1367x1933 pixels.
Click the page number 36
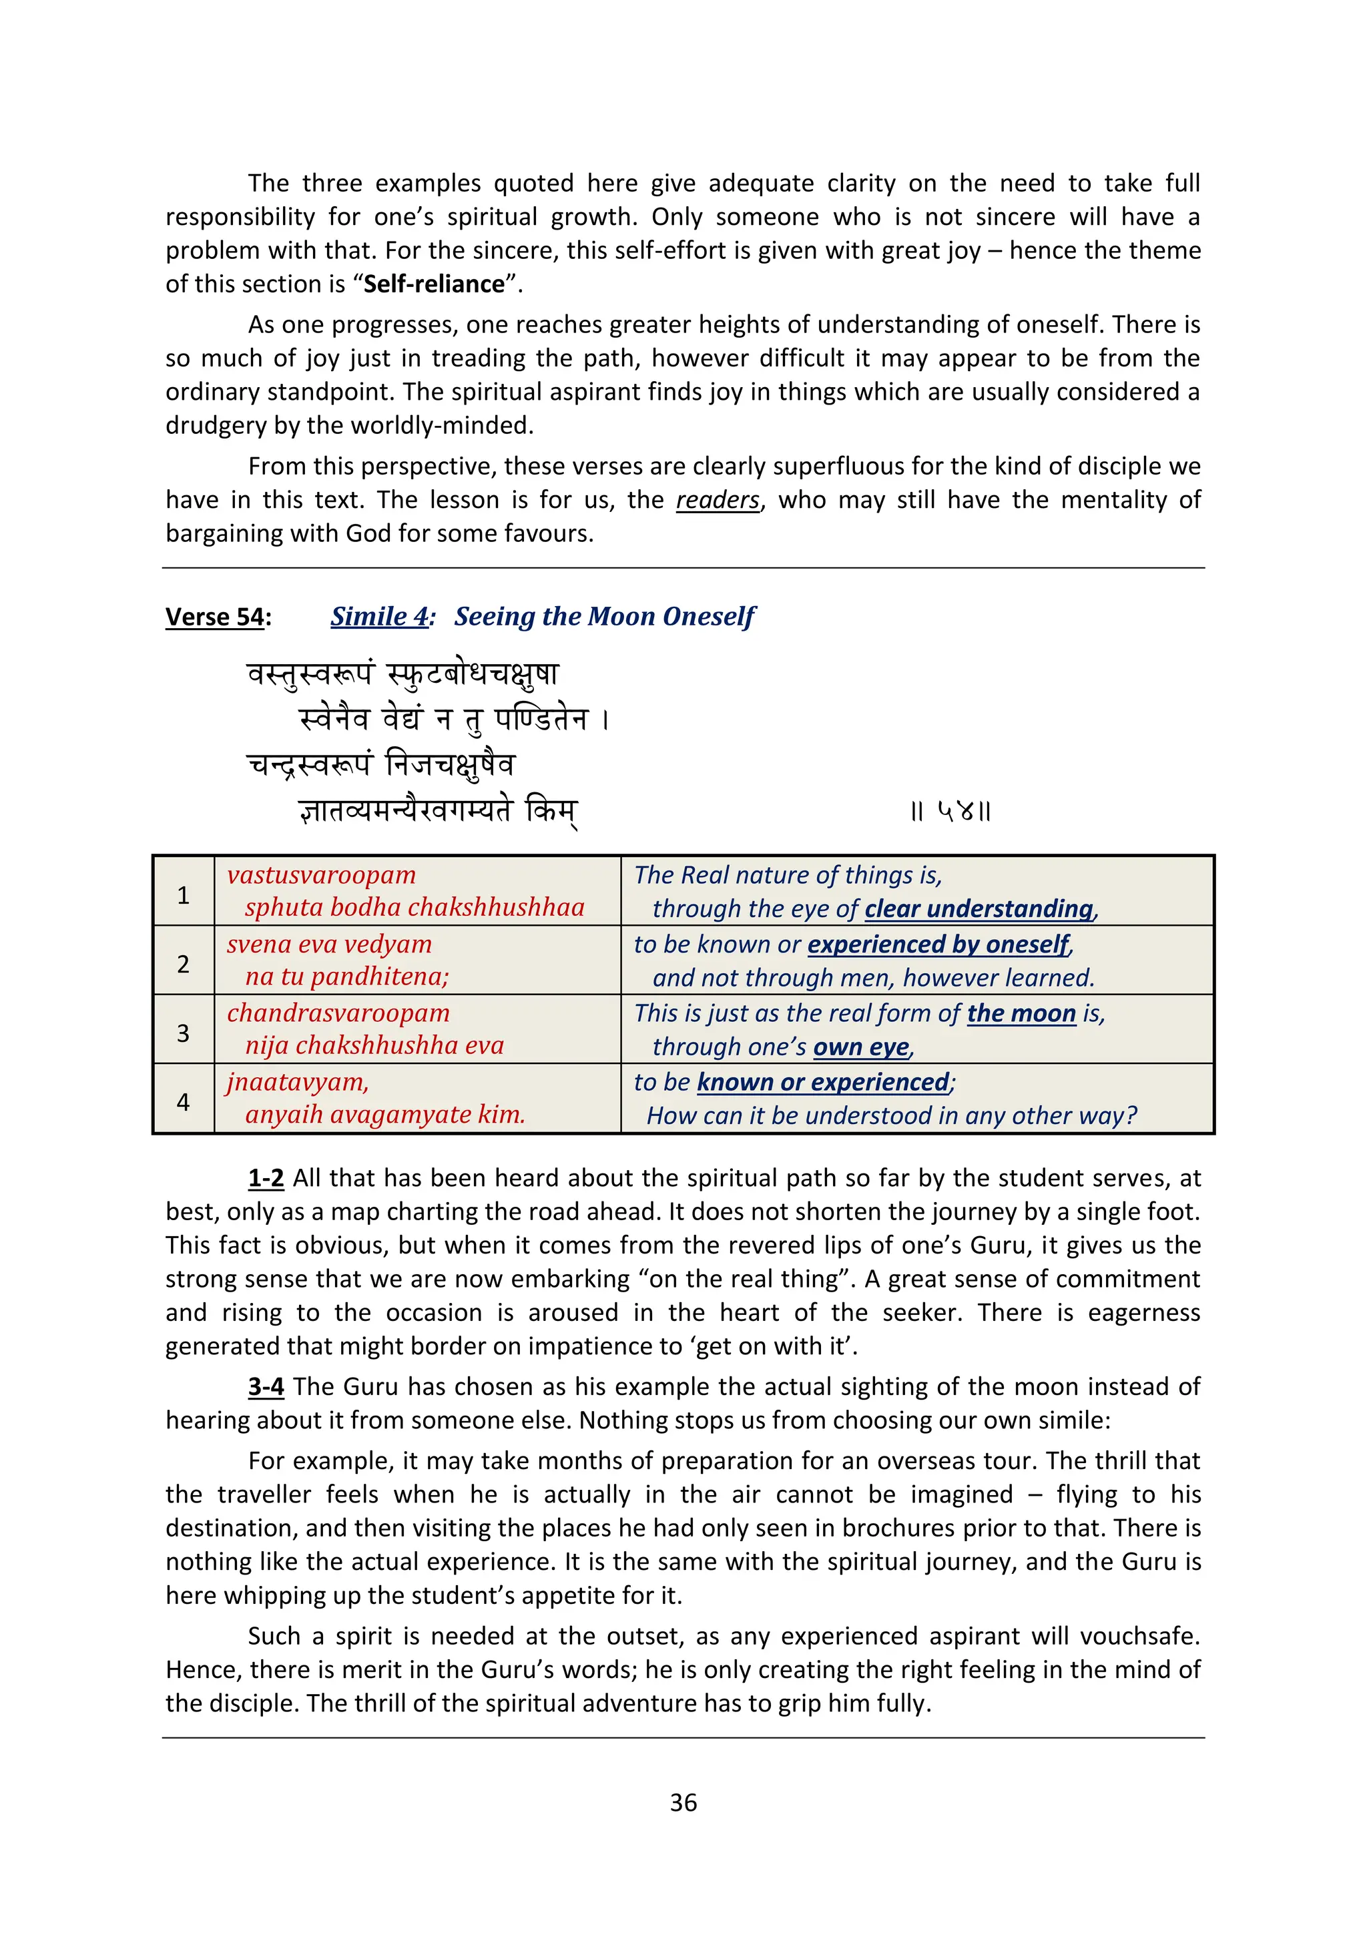pos(683,1802)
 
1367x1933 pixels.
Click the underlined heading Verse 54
pos(215,617)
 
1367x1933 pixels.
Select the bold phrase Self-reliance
pos(433,284)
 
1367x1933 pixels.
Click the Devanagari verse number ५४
pos(950,812)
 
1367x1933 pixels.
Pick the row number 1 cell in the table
pos(184,895)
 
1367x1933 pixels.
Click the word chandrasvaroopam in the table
pos(338,1014)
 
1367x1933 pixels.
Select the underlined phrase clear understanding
pos(979,909)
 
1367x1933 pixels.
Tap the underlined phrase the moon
pos(1021,1014)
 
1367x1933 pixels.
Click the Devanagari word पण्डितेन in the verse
pos(541,720)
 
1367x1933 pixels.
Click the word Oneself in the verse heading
pos(709,617)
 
